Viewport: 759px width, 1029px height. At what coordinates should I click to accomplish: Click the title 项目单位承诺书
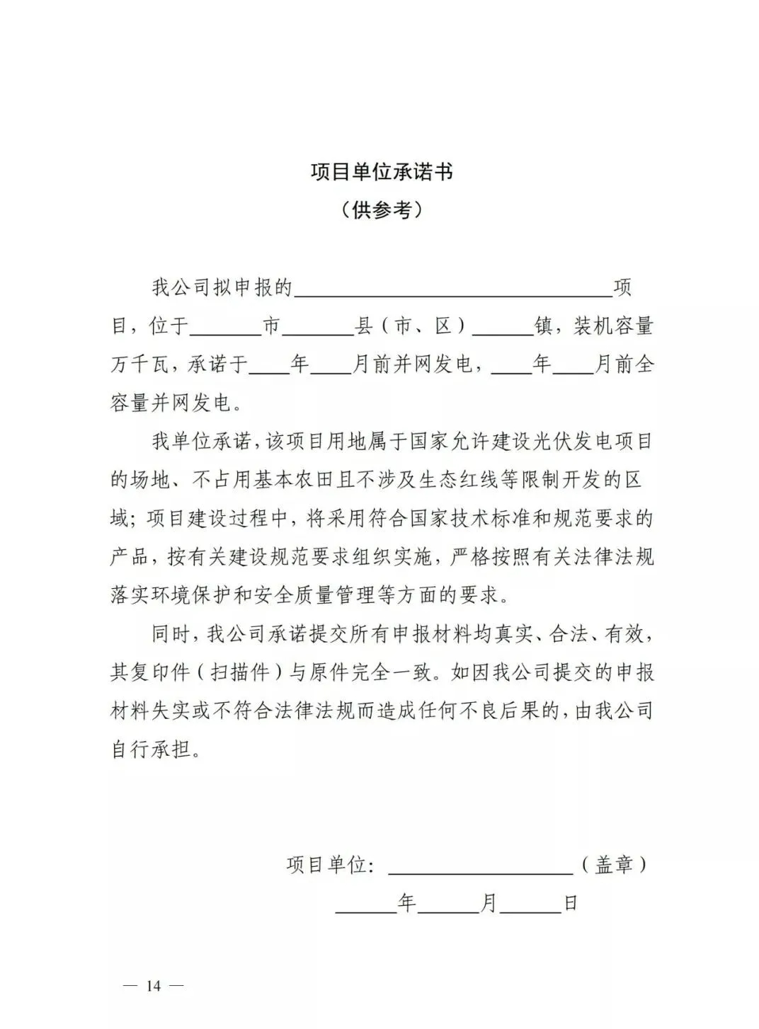(381, 172)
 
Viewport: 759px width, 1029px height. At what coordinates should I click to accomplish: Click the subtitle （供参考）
(381, 209)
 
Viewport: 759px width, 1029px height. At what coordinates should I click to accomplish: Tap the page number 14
(154, 986)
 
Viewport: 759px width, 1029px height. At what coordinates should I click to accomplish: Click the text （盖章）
(613, 864)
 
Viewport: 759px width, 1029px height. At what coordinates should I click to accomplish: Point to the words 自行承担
(152, 749)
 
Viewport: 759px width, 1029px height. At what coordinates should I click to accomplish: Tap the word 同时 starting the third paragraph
(170, 634)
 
